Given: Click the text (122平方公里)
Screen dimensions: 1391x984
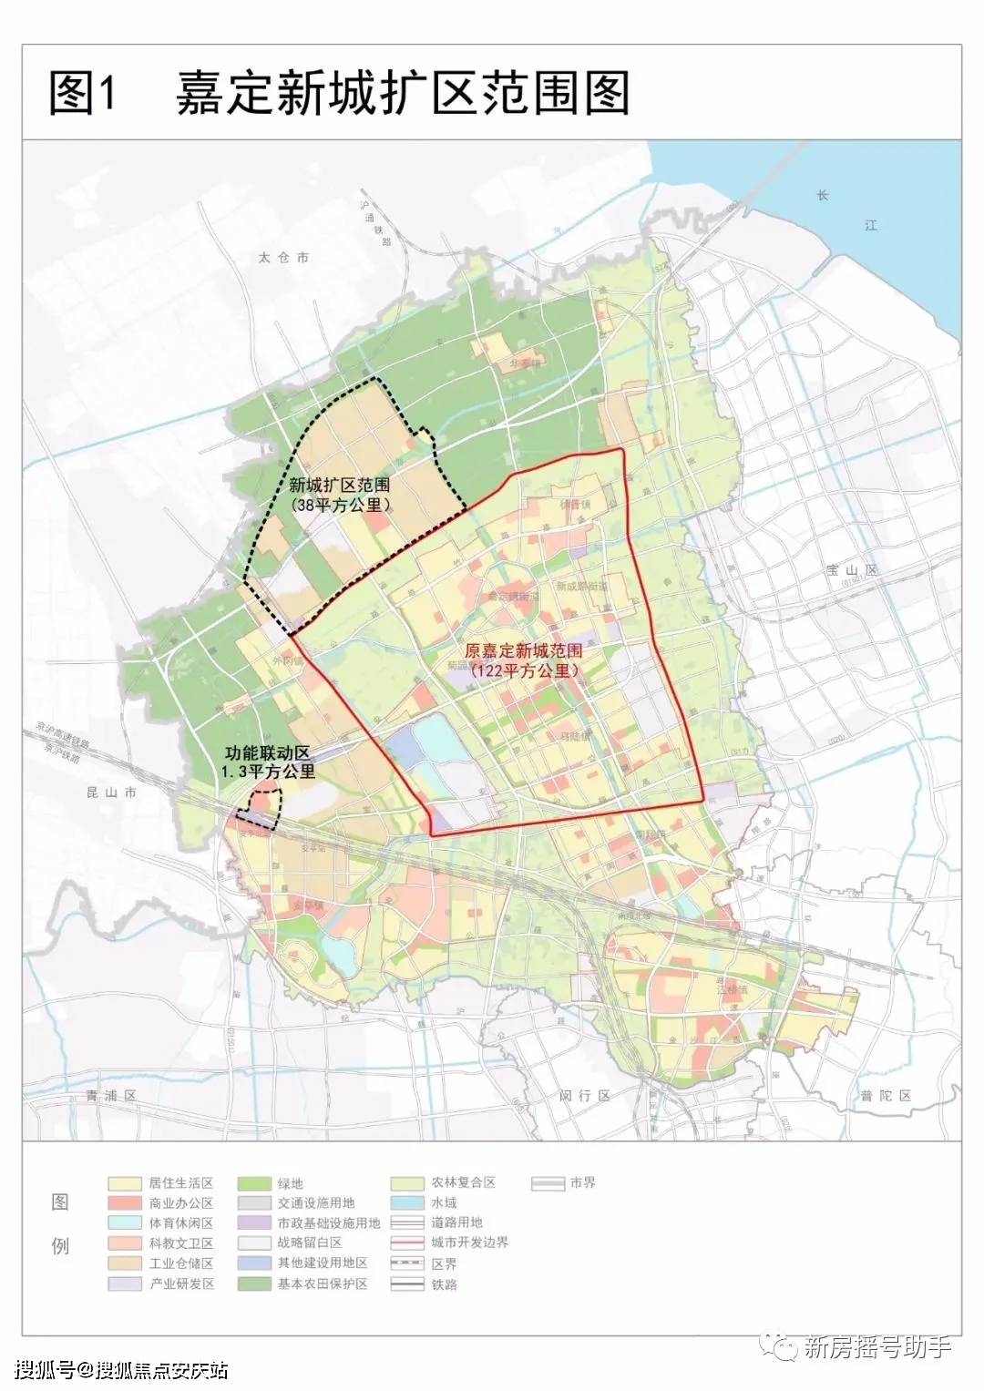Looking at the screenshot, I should pyautogui.click(x=525, y=671).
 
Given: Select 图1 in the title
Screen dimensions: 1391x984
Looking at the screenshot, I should pyautogui.click(x=85, y=94).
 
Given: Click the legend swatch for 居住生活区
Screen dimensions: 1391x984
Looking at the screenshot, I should pyautogui.click(x=124, y=1183).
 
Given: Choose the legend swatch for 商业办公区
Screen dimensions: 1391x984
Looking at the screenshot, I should pyautogui.click(x=124, y=1203).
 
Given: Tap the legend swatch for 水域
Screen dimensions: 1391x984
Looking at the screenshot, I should pyautogui.click(x=408, y=1203).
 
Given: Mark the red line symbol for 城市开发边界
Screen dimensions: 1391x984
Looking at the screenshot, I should pyautogui.click(x=408, y=1243).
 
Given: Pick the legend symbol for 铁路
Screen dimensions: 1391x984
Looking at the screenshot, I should pyautogui.click(x=408, y=1284).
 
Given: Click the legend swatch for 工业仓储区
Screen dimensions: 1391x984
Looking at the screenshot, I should pyautogui.click(x=124, y=1263).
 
